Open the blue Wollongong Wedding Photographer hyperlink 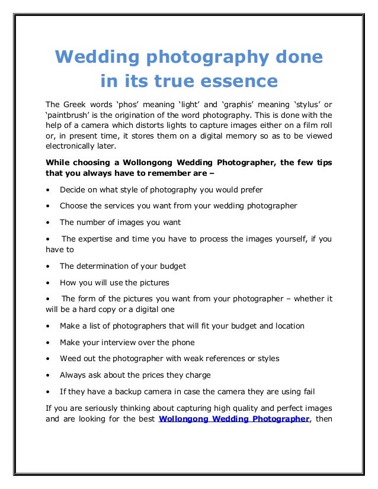click(x=235, y=419)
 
